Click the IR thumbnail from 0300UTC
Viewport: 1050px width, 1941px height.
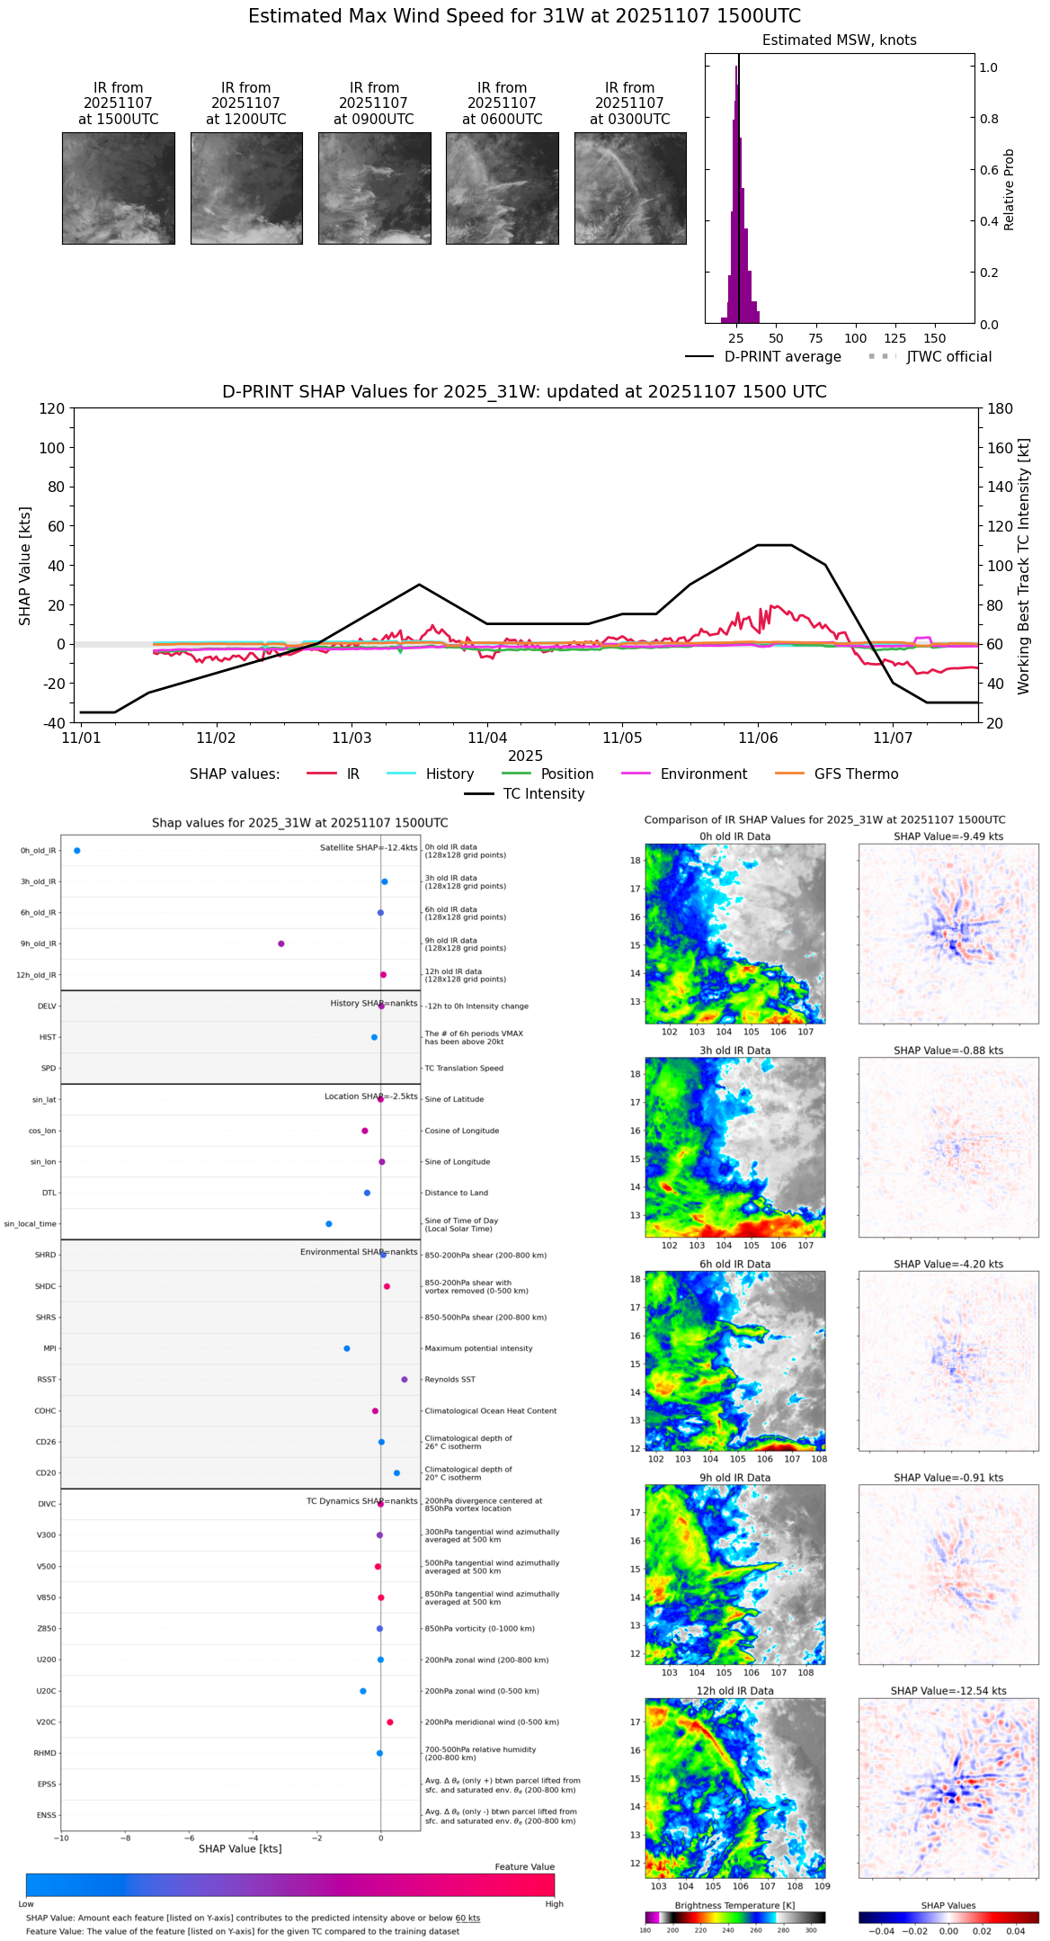point(629,188)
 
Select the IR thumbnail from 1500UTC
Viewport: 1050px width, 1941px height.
point(119,188)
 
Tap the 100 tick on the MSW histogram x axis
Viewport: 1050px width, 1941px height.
point(855,338)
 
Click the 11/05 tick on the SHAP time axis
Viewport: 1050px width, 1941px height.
point(622,738)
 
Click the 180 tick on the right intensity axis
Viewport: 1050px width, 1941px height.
point(1001,409)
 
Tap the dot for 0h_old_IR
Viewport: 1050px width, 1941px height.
point(76,851)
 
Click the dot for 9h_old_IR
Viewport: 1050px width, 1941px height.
point(281,944)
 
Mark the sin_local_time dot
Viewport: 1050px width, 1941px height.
point(329,1224)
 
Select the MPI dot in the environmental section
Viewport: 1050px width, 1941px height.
point(347,1348)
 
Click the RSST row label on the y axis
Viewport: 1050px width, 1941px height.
point(47,1380)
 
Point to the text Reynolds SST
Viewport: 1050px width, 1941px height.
point(449,1380)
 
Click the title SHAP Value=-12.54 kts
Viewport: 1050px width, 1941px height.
point(948,1691)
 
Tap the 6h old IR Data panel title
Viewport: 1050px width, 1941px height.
point(734,1264)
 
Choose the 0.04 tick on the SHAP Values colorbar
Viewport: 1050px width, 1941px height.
point(1016,1931)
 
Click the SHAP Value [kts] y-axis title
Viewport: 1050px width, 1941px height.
point(25,566)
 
